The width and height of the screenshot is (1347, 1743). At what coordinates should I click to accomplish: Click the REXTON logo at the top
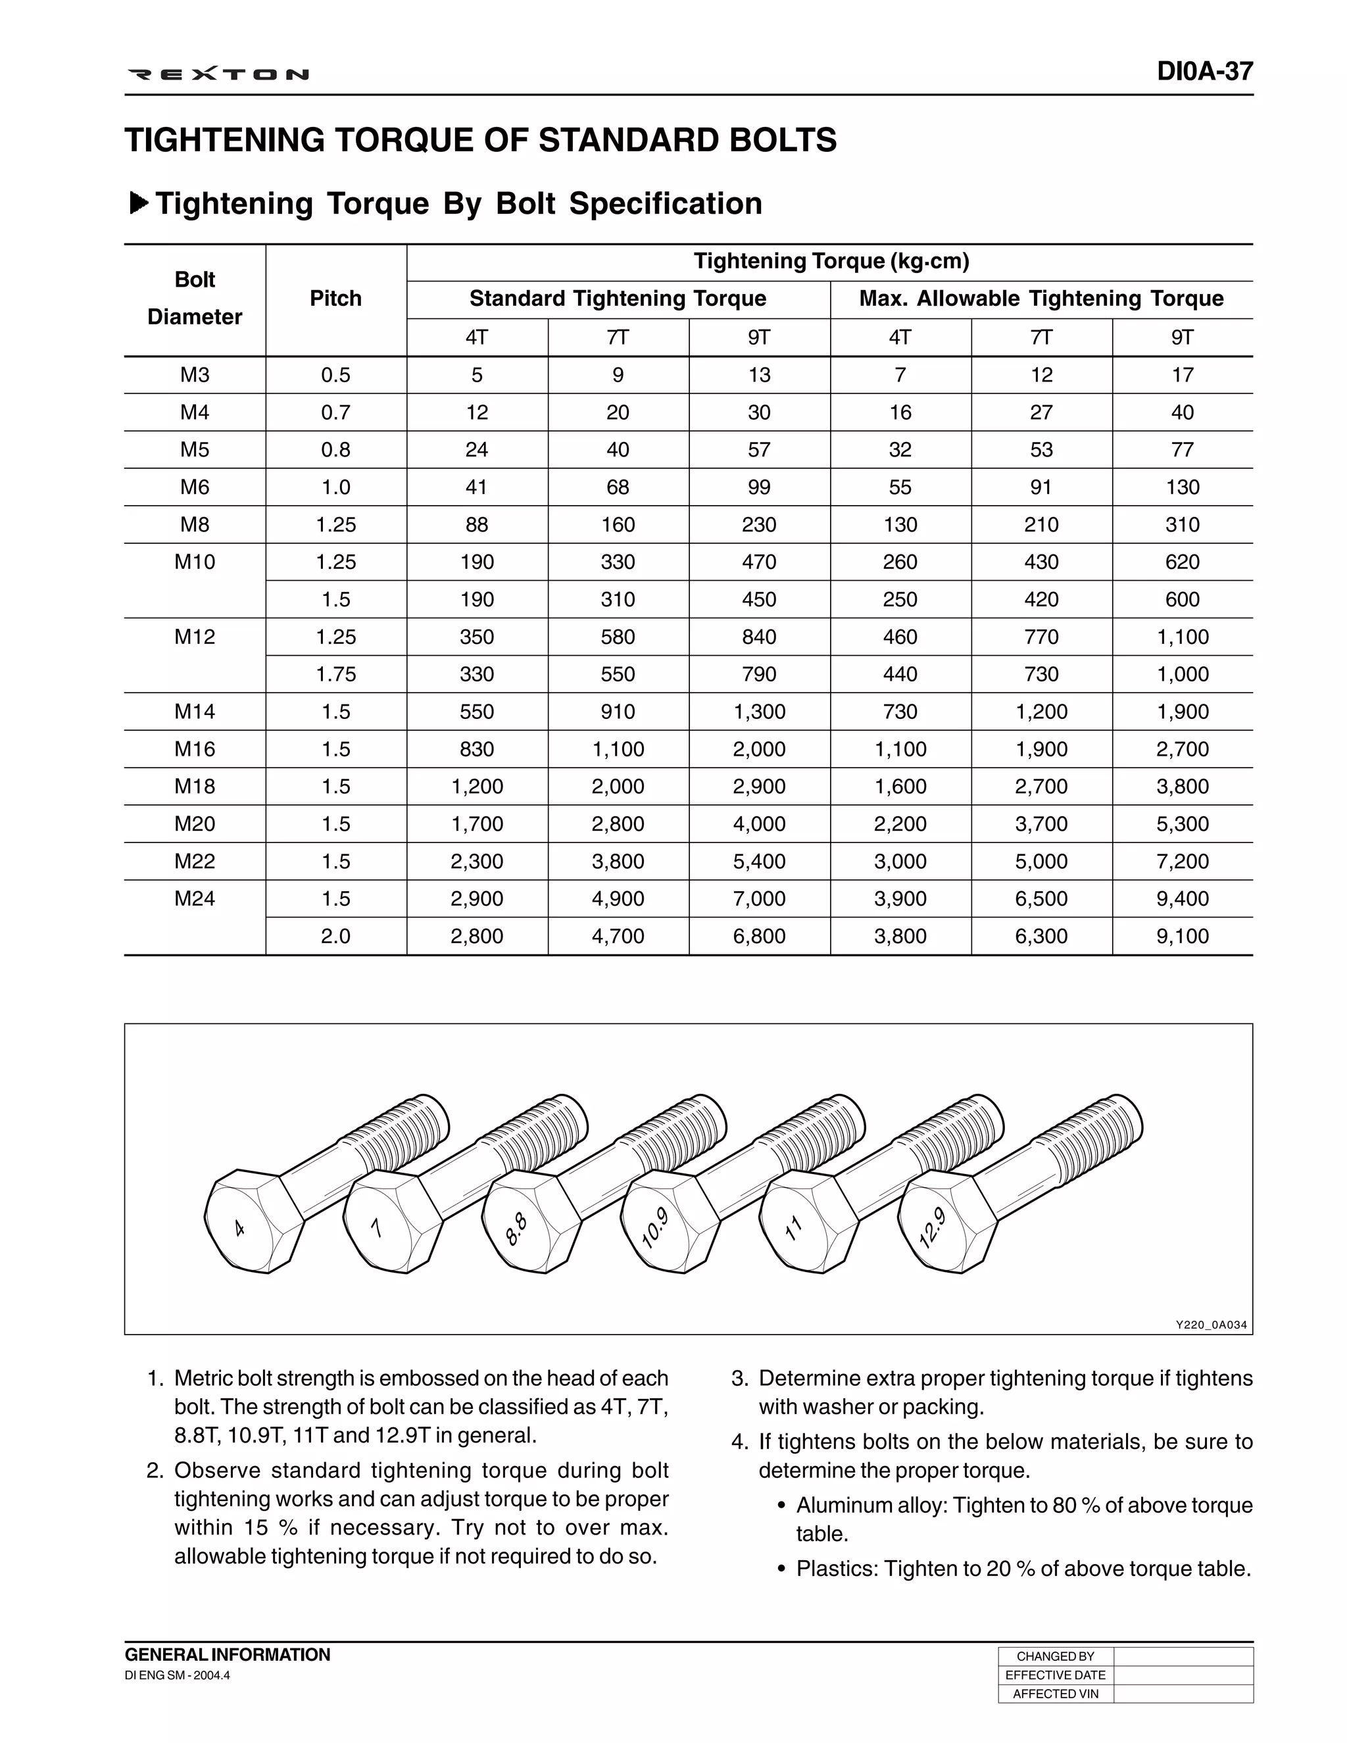tap(218, 75)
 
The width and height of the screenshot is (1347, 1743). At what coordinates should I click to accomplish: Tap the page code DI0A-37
tap(1205, 72)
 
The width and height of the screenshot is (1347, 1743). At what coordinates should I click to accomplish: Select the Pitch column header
tap(336, 299)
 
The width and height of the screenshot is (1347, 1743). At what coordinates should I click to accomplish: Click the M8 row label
tap(195, 524)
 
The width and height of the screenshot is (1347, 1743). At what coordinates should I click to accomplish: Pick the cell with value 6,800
tap(759, 936)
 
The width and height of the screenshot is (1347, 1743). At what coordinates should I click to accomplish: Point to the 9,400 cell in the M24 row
tap(1182, 898)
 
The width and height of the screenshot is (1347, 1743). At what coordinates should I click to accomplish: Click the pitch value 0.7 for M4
tap(336, 412)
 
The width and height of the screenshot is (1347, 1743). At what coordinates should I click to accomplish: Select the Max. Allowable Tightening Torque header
tap(1041, 299)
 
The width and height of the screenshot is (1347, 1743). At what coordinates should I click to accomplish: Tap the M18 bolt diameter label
tap(195, 786)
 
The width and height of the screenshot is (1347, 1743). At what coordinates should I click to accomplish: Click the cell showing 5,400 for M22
tap(759, 861)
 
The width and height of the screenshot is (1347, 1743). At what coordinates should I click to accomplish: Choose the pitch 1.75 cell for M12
tap(336, 674)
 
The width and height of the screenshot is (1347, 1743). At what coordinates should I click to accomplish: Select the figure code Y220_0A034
tap(1211, 1325)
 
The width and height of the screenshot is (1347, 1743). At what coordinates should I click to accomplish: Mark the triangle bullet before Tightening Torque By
tap(139, 203)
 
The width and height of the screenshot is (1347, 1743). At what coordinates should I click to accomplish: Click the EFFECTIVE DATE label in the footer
tap(1055, 1675)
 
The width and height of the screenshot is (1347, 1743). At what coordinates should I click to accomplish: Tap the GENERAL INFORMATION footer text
tap(228, 1654)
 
